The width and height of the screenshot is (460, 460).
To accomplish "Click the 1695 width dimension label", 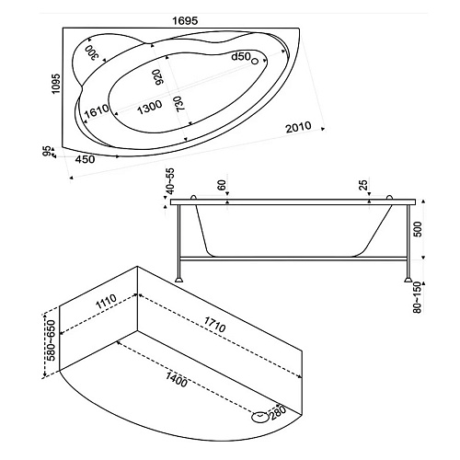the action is (185, 21).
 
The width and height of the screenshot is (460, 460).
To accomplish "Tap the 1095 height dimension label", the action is (56, 84).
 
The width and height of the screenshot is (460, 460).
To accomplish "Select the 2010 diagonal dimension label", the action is (298, 127).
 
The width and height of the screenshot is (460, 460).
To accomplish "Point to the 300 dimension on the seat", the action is (92, 52).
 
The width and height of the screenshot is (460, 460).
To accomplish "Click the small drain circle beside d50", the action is (255, 62).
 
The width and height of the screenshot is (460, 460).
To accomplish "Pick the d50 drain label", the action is (241, 56).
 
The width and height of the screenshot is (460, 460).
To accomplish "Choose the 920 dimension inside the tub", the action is (158, 77).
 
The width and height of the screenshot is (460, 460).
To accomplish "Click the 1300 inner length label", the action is (149, 108).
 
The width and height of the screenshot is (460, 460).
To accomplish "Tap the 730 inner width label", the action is (180, 103).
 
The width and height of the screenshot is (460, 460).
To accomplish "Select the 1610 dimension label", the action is (97, 111).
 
